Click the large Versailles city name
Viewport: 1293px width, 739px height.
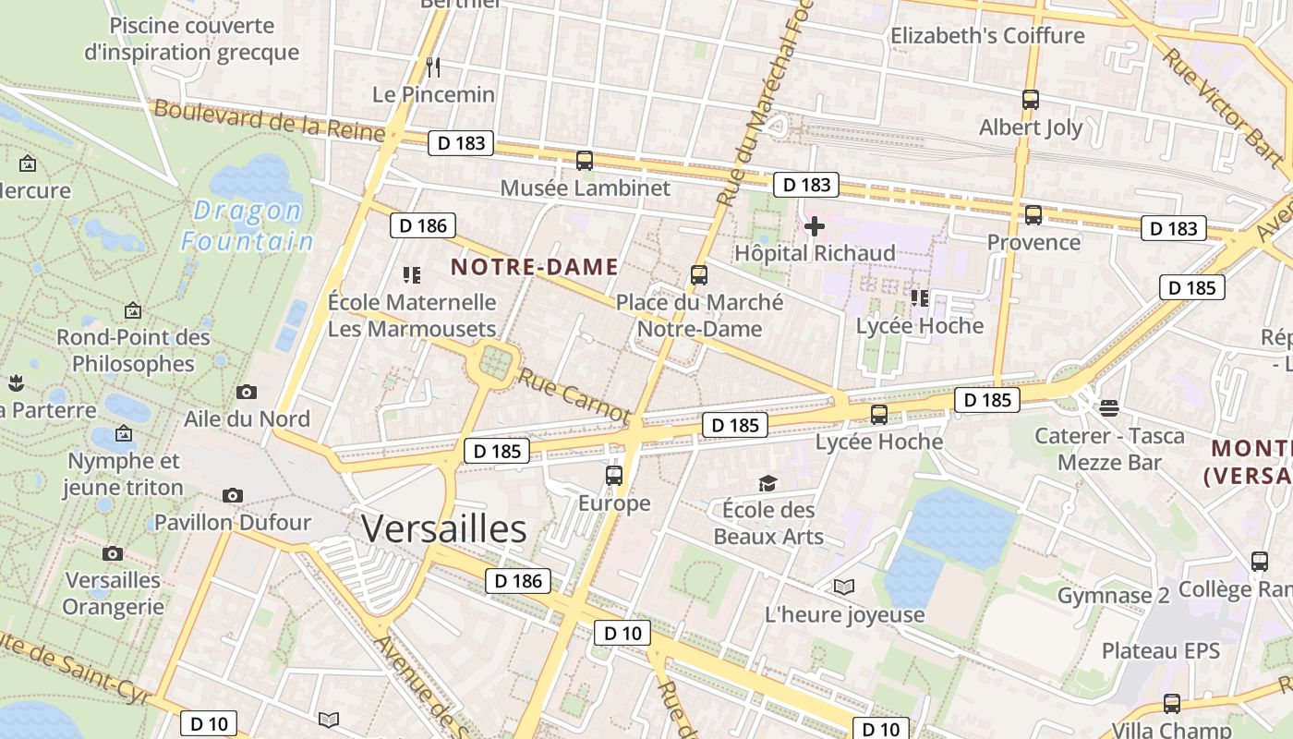coord(443,529)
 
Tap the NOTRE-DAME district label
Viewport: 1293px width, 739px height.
coord(534,268)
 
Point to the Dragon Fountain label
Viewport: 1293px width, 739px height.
coord(247,226)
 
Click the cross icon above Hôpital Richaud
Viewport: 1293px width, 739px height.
coord(815,226)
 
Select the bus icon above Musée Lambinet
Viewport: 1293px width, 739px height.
coord(585,161)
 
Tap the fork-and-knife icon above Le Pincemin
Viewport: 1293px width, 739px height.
coord(433,67)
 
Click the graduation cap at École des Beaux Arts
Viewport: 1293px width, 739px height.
coord(767,483)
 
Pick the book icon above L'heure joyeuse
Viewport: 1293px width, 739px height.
coord(843,587)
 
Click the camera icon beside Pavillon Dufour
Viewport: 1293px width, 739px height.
coord(233,496)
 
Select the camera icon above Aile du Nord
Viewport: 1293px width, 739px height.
coord(247,392)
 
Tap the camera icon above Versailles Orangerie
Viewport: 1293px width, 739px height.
coord(113,553)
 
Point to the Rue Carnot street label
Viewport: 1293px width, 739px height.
coord(573,395)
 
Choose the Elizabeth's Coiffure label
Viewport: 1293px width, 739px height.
coord(987,36)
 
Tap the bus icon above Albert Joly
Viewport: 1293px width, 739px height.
coord(1031,100)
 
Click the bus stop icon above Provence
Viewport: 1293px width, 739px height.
coord(1033,215)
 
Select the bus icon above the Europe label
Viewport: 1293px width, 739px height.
coord(614,476)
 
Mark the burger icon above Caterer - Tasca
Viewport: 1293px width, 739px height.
coord(1109,408)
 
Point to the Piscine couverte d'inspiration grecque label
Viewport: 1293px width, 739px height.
coord(192,39)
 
